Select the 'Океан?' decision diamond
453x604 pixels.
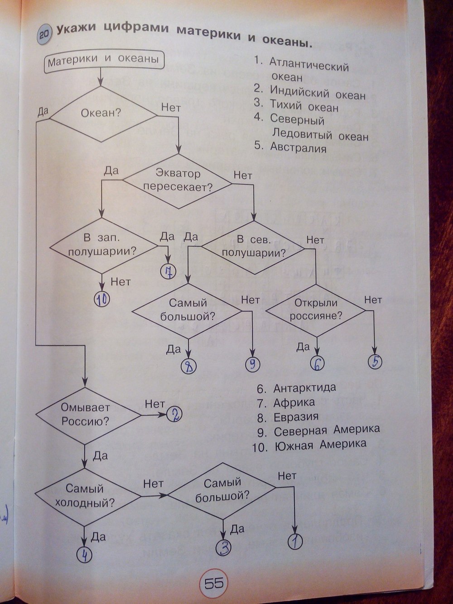click(101, 113)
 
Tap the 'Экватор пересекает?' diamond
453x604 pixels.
click(178, 180)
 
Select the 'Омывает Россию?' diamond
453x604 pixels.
click(86, 415)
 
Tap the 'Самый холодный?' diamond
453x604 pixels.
click(85, 495)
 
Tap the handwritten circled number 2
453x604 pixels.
click(174, 414)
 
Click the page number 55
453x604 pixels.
click(213, 583)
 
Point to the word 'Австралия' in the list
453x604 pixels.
click(298, 147)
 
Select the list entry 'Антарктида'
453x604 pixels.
click(304, 388)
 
